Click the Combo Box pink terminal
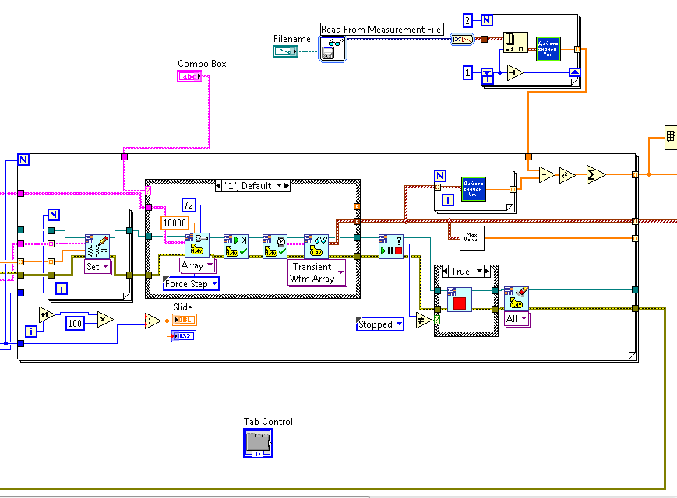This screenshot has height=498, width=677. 190,76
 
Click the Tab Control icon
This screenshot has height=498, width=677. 258,443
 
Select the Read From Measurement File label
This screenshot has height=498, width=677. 382,30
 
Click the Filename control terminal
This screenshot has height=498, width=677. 284,51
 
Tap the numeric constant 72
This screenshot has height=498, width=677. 189,205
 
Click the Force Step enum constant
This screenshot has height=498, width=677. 191,284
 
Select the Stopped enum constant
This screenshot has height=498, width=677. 380,324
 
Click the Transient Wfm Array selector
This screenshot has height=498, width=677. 317,272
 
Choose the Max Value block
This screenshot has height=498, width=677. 471,237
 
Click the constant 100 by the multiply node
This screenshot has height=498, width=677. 75,323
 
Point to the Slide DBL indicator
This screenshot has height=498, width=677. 185,320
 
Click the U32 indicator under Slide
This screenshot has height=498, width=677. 185,336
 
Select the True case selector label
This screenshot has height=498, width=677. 465,272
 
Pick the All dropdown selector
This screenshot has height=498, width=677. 516,318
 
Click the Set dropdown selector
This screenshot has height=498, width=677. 97,265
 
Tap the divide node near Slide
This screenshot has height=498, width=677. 153,321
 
